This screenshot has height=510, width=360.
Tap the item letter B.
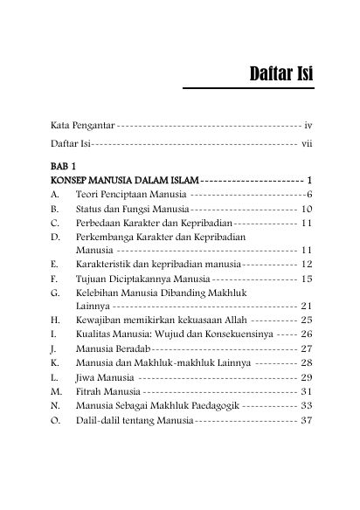(x=54, y=209)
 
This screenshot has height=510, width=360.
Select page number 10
(x=306, y=209)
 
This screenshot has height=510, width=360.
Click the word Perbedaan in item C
(x=100, y=224)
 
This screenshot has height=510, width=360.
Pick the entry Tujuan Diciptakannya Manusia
(x=142, y=279)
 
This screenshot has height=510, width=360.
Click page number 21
(x=306, y=307)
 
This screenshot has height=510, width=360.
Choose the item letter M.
(x=56, y=391)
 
